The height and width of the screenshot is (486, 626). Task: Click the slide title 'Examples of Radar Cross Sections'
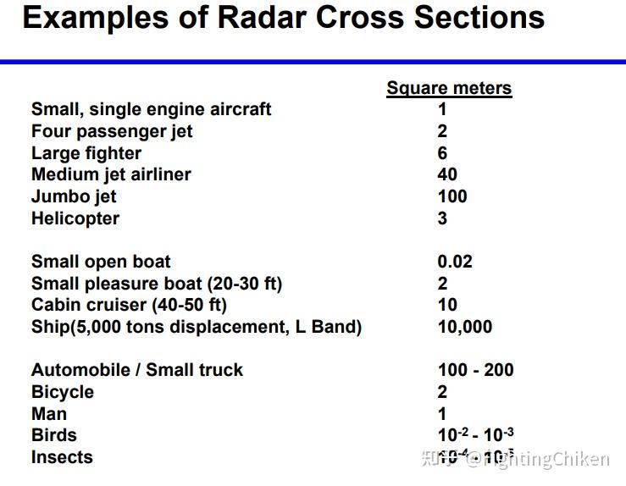click(x=283, y=18)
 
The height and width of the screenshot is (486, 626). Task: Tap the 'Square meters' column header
click(x=449, y=88)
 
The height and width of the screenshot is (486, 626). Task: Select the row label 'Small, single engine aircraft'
click(x=151, y=109)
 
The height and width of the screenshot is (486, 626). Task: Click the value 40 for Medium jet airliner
click(x=447, y=174)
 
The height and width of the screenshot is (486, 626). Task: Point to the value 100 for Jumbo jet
click(x=452, y=196)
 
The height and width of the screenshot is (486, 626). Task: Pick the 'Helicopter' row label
click(x=75, y=218)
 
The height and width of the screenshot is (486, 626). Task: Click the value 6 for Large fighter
click(x=442, y=153)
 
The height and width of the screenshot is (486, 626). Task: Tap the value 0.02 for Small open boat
click(x=455, y=262)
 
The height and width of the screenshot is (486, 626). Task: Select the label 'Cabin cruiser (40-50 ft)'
click(x=129, y=305)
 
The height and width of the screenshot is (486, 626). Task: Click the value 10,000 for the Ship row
click(x=464, y=327)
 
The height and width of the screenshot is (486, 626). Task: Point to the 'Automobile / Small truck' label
click(x=136, y=370)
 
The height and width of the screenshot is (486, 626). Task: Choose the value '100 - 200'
click(x=475, y=370)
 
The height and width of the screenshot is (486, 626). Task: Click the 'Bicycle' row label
click(x=63, y=392)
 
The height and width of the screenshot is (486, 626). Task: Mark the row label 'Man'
click(x=48, y=414)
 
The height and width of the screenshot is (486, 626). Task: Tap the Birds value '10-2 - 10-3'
click(x=475, y=435)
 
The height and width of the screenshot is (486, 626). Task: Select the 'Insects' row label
click(x=62, y=457)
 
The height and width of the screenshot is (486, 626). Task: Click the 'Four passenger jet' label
click(x=112, y=131)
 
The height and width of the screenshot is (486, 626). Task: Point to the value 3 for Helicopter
click(x=442, y=218)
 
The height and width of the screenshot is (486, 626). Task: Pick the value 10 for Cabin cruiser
click(x=447, y=305)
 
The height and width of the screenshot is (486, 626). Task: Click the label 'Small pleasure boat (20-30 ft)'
click(x=157, y=284)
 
